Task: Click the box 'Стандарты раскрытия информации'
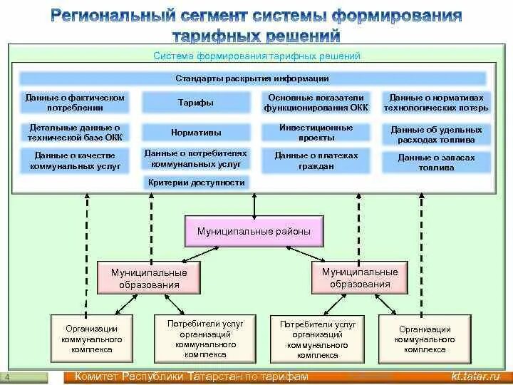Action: pos(252,78)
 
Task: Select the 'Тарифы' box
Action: pos(195,103)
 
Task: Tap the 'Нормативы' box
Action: pos(195,133)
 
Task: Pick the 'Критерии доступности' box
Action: pos(197,183)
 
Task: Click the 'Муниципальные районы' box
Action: pos(254,232)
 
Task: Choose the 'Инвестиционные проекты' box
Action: pos(316,133)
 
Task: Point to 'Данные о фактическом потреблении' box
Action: pos(74,103)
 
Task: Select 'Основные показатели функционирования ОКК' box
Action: pos(316,103)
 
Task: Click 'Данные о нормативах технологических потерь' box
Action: pos(436,103)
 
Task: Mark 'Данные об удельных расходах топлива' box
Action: pos(436,135)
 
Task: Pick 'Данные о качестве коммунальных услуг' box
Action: pos(75,160)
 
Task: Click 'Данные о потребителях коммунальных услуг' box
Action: pos(195,158)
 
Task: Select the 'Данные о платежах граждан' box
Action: pos(316,160)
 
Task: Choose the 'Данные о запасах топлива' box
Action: pos(436,163)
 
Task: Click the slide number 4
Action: pos(6,377)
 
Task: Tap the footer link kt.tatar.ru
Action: pos(475,376)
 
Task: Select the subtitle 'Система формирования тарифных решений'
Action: pos(256,56)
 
